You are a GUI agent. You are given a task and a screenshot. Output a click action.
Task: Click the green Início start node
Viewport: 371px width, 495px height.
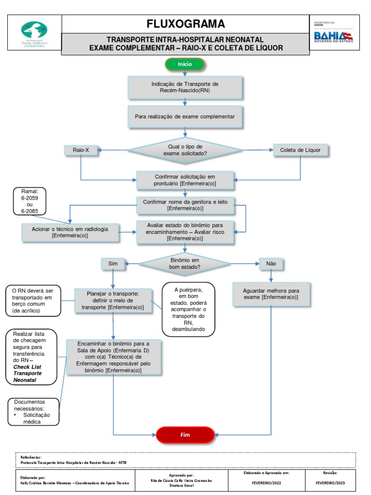[x=185, y=64]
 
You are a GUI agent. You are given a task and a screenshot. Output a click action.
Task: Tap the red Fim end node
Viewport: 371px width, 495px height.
[x=185, y=435]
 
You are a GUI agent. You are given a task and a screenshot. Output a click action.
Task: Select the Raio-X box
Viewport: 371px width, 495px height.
[x=81, y=150]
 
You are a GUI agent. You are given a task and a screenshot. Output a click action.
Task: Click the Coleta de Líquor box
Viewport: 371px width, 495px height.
[x=300, y=150]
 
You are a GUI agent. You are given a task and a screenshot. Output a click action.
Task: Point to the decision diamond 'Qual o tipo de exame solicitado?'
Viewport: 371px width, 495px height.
[x=185, y=150]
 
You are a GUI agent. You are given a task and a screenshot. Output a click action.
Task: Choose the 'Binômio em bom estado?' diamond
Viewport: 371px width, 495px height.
[x=185, y=263]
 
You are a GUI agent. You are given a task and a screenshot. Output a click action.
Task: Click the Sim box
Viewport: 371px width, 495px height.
[x=113, y=264]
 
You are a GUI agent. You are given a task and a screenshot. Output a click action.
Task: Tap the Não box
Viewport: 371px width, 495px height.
[x=271, y=264]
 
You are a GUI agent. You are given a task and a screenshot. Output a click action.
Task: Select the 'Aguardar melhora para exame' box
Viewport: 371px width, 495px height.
[x=271, y=294]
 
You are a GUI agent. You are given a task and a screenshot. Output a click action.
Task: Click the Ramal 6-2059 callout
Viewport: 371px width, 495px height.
[x=30, y=201]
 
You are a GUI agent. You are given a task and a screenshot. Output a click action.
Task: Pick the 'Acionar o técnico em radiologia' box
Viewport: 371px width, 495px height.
[x=71, y=232]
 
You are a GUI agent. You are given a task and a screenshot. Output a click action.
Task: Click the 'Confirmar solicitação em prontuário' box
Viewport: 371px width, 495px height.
[x=185, y=180]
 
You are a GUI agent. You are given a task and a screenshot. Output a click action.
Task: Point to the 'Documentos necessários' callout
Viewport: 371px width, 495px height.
[x=33, y=411]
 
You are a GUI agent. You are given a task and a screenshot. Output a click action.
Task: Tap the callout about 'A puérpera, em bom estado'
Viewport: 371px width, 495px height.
[x=188, y=309]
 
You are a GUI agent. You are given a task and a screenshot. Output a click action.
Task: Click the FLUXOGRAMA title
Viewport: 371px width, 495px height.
[x=186, y=24]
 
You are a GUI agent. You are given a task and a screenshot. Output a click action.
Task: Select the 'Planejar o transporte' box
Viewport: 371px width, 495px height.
[x=113, y=300]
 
